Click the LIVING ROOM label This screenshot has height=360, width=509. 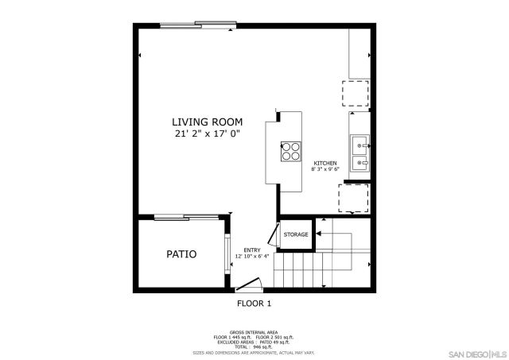(x=208, y=122)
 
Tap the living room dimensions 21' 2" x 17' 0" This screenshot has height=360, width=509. (x=208, y=134)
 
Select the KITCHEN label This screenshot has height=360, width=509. (x=324, y=163)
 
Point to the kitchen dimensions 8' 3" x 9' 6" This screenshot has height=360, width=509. (x=324, y=169)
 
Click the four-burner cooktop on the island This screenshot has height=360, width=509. (x=289, y=150)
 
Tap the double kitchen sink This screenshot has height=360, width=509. (x=359, y=153)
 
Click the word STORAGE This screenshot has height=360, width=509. (x=296, y=234)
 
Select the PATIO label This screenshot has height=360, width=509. (x=181, y=254)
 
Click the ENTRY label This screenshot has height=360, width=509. (x=252, y=250)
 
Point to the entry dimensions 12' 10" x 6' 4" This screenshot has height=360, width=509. (x=252, y=257)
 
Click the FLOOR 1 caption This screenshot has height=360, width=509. (x=254, y=303)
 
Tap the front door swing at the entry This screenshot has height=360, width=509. (x=251, y=284)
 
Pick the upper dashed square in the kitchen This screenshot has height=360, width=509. (x=356, y=94)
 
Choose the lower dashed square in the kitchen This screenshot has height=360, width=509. (x=354, y=198)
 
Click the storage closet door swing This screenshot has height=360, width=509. (x=272, y=234)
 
